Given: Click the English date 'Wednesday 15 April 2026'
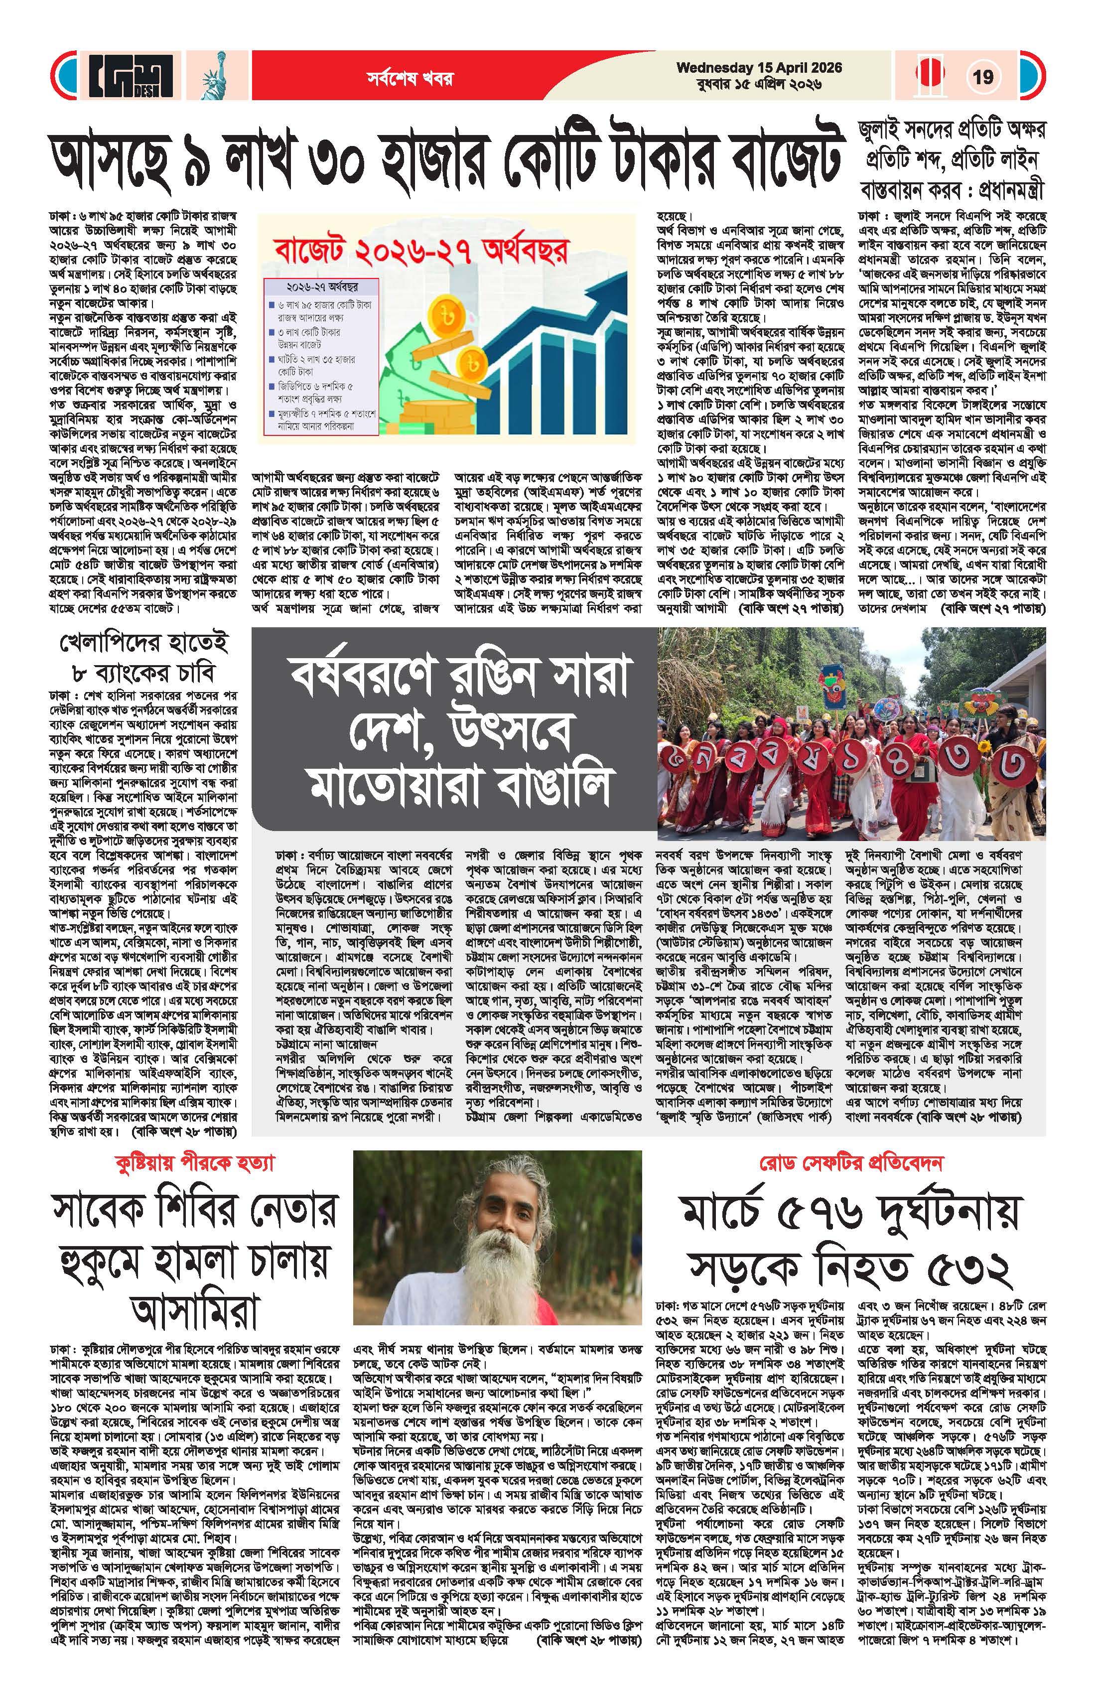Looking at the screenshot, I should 759,68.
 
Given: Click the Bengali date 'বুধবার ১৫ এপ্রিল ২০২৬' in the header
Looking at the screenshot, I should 759,84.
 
